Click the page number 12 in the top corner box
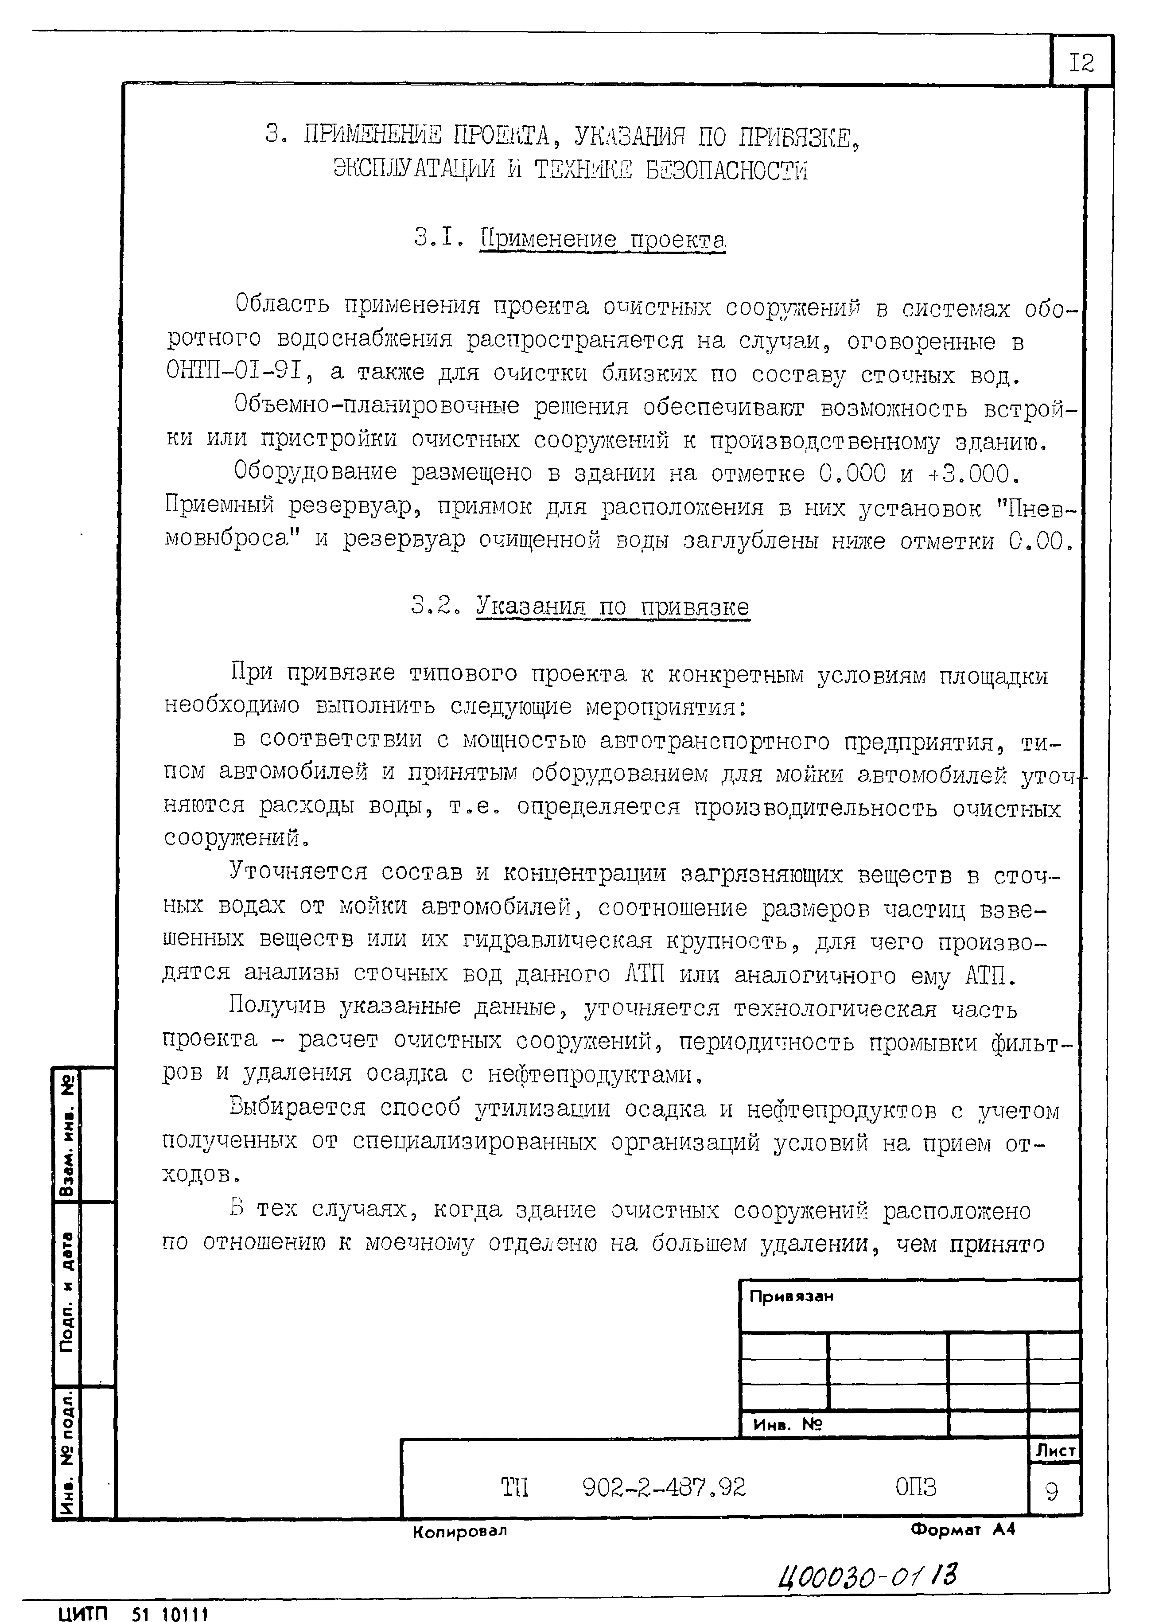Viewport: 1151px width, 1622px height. (1081, 64)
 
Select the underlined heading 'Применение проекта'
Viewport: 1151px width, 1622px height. (603, 240)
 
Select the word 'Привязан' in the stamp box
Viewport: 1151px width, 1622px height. (791, 1296)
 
